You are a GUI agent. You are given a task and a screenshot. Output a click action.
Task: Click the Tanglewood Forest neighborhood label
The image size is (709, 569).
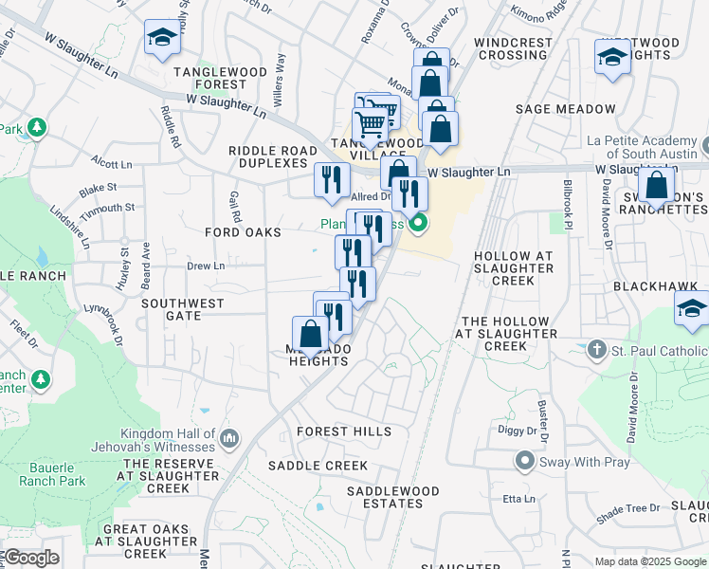point(209,78)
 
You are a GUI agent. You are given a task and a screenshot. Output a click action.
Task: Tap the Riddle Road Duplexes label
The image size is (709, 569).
point(273,156)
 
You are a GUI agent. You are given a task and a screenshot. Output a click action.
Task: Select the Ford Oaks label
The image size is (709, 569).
point(244,232)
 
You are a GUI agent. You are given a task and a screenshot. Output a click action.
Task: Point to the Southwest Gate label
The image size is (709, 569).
point(183,310)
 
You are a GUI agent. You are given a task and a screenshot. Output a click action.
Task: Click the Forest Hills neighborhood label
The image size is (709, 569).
point(343,431)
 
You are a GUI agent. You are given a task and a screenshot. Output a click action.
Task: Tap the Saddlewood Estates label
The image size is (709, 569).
point(392,497)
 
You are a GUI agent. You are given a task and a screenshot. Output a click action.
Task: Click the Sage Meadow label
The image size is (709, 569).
point(559,109)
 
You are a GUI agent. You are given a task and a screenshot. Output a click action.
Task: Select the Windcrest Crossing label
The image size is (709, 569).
point(512,49)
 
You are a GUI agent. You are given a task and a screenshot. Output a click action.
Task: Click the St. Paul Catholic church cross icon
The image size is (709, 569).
point(596,349)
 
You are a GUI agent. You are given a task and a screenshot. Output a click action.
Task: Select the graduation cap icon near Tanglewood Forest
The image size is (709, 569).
point(162,38)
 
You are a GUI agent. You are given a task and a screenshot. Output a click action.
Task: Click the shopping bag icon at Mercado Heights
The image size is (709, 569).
point(310,334)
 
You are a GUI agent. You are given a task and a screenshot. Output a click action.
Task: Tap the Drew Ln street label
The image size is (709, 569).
point(205,266)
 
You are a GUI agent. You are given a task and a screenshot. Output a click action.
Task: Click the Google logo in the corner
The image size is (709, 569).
point(31,558)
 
